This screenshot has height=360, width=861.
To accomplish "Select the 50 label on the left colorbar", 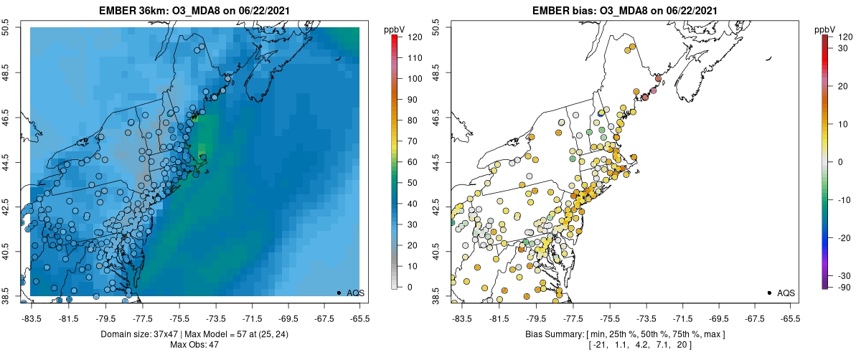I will [413, 183].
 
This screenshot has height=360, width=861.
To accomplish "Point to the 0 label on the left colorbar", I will [410, 287].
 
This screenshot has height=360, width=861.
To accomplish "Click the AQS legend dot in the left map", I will [338, 293].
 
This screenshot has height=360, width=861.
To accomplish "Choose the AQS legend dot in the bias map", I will [768, 293].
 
